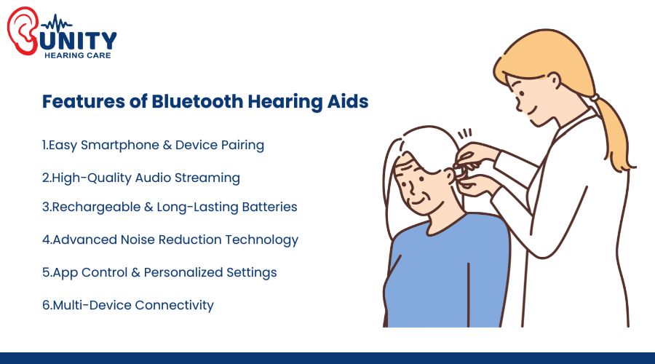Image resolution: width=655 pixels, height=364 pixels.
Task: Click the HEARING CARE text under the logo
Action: coord(78,55)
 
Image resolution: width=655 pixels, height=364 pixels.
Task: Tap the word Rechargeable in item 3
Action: coord(91,207)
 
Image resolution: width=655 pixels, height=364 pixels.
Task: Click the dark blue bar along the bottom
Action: coord(327,357)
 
